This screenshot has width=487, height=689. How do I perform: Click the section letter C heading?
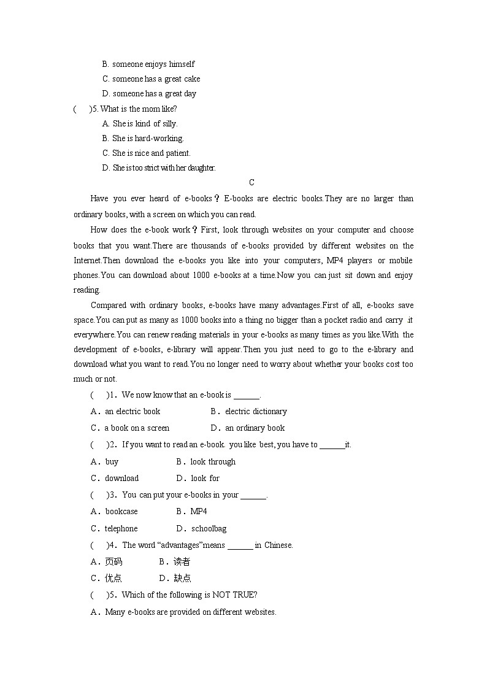(x=251, y=182)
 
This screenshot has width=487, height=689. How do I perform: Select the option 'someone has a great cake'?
(x=156, y=79)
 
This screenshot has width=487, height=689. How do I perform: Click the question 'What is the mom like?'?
(x=138, y=109)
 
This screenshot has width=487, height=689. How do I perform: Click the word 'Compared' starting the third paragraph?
(x=109, y=305)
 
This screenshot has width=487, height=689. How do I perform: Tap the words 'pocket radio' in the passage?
(x=343, y=320)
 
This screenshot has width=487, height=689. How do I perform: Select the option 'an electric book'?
(x=132, y=412)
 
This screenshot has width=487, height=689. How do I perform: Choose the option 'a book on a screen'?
(x=137, y=428)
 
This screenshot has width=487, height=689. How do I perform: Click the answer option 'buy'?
(x=112, y=462)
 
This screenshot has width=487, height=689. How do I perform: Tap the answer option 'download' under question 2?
(x=121, y=479)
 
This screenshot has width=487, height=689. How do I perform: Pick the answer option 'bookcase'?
(x=121, y=512)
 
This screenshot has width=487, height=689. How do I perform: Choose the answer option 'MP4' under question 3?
(x=199, y=512)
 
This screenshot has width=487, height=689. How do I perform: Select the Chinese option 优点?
(x=113, y=578)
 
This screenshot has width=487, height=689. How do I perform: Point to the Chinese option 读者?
(x=182, y=561)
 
